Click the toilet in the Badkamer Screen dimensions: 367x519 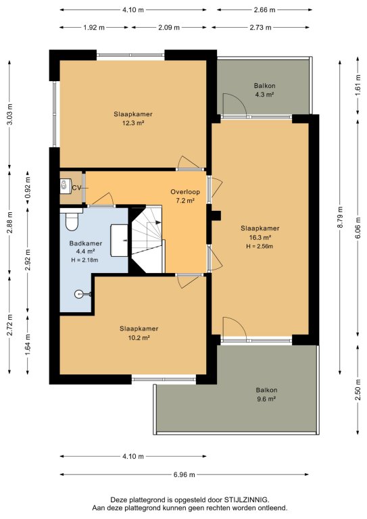click(71, 219)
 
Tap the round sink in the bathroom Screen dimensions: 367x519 click(79, 294)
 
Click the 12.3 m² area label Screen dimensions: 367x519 click(133, 123)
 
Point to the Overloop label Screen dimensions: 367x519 click(185, 192)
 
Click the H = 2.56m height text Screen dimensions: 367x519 click(260, 246)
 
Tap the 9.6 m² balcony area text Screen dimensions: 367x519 click(266, 399)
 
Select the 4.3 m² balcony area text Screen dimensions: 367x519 click(264, 95)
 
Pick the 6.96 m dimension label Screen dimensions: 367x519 click(184, 474)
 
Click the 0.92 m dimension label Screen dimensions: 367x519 click(28, 187)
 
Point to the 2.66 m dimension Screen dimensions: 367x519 click(264, 10)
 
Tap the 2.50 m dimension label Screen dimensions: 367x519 click(358, 389)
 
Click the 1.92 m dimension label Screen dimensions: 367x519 click(94, 28)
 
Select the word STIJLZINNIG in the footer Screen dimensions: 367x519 click(247, 500)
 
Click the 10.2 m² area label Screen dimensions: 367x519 click(139, 338)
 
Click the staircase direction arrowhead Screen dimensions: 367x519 click(159, 222)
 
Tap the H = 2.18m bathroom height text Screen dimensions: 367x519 click(84, 260)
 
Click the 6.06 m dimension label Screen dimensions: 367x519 click(358, 227)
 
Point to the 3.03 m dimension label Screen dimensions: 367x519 click(9, 114)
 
